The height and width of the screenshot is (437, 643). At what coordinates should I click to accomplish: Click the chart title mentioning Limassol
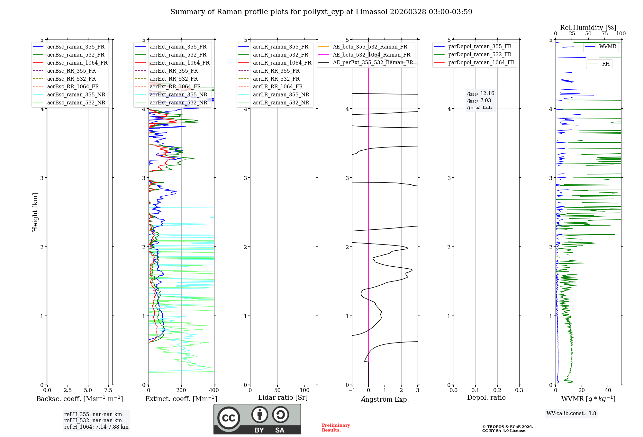[321, 12]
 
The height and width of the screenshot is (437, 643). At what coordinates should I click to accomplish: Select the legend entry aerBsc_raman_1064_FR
[77, 63]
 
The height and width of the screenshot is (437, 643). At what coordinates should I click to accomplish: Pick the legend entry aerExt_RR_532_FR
[174, 79]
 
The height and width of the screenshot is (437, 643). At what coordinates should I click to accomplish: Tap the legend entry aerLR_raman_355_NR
[281, 94]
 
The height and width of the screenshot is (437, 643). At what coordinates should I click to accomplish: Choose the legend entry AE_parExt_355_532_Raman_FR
[373, 62]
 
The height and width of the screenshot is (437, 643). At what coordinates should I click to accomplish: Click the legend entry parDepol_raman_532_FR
[480, 54]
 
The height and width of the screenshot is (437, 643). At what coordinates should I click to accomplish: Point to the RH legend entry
[606, 64]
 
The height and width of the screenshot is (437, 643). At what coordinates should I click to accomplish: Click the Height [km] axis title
[35, 212]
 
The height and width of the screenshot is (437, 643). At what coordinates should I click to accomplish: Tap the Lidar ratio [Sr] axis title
[283, 397]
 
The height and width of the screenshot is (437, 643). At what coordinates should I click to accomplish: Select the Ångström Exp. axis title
[385, 399]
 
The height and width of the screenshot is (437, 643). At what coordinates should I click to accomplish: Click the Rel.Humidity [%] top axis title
[588, 28]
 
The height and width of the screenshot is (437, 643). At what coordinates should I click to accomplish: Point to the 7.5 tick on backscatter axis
[108, 390]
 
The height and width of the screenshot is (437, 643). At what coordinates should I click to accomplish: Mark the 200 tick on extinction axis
[181, 390]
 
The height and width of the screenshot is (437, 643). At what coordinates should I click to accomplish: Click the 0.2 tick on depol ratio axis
[497, 390]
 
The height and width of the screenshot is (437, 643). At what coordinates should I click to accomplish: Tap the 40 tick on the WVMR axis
[608, 390]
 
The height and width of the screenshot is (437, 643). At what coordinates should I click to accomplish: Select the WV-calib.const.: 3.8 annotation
[571, 414]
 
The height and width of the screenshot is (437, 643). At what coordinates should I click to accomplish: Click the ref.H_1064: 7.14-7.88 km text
[96, 427]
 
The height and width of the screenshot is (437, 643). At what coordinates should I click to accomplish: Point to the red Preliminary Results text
[336, 428]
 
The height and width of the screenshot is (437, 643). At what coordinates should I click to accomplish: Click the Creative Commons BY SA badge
[257, 419]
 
